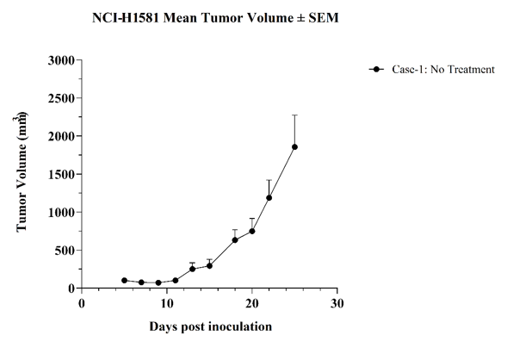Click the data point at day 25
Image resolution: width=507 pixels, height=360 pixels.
point(294,147)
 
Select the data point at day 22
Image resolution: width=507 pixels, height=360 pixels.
point(269,197)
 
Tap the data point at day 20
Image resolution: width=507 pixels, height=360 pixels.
point(252,232)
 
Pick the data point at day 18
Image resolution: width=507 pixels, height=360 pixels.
point(235,240)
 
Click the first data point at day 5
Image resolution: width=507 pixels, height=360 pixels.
point(125,281)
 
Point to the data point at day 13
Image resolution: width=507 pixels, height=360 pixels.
point(193,269)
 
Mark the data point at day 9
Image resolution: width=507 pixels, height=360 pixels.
point(158,282)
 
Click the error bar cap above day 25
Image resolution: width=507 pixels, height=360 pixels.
point(294,115)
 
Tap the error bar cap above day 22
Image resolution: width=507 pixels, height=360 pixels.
point(269,180)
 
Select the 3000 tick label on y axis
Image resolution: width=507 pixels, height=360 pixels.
point(61,60)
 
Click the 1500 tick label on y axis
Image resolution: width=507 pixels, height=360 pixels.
point(61,175)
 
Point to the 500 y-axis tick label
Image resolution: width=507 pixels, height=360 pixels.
point(65,251)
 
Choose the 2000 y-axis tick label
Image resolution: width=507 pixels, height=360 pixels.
point(61,136)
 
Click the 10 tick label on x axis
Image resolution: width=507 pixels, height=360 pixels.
point(167,304)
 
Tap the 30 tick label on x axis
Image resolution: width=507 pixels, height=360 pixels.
point(337,304)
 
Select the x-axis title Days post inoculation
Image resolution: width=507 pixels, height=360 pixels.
point(211,326)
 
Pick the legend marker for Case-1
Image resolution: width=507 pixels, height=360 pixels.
point(376,69)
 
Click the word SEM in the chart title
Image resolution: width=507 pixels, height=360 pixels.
point(324,18)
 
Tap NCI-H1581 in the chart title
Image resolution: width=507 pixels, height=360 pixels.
point(126,18)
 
